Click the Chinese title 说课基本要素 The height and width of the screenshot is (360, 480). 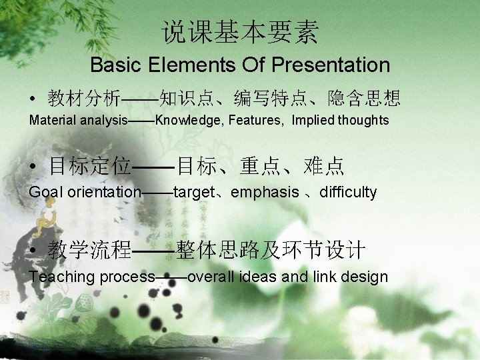(241, 32)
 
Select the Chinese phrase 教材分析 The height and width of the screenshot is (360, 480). (84, 99)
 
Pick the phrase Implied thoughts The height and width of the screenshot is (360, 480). (340, 120)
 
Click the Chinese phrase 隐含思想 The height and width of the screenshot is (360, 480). (364, 99)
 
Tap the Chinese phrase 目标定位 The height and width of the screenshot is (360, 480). (89, 165)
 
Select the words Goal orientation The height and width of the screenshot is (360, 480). (85, 193)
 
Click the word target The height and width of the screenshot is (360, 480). (193, 193)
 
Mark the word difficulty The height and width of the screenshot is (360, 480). (348, 193)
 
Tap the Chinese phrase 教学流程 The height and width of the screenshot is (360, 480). (89, 251)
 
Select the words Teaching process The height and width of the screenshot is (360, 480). (92, 277)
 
